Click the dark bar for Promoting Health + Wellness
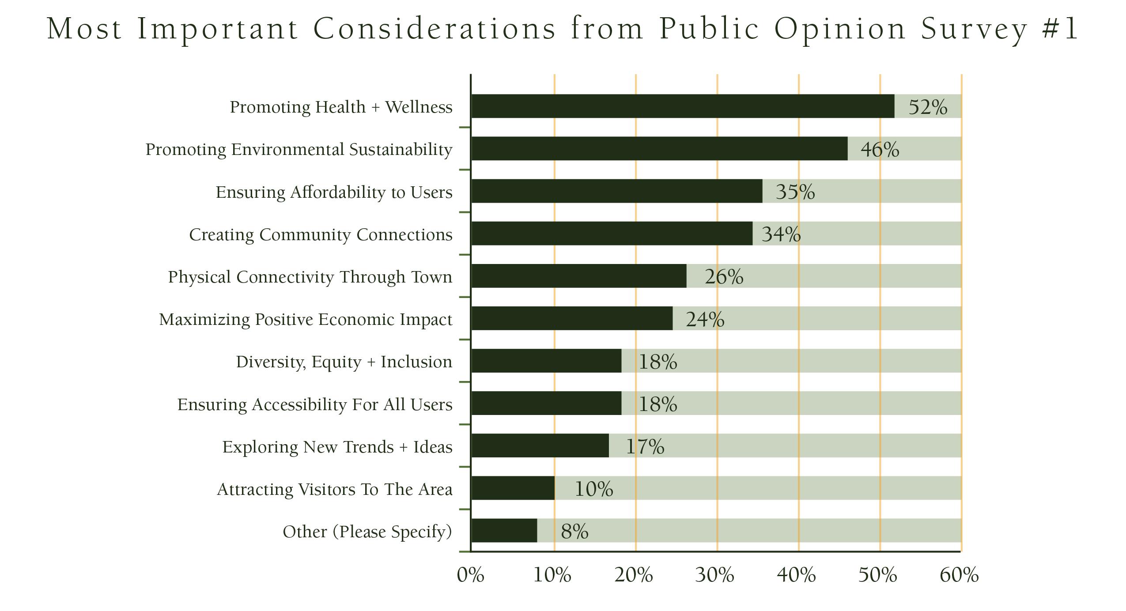(682, 106)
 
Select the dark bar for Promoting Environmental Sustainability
(659, 148)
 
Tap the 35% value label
(795, 192)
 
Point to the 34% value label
(781, 234)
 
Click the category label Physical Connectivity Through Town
(310, 277)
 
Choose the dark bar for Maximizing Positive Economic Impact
(572, 318)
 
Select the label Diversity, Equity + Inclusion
(344, 362)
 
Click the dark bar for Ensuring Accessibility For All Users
(546, 403)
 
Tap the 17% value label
(645, 446)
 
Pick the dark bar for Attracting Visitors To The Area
(513, 488)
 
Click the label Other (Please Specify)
(367, 532)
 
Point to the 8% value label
(574, 531)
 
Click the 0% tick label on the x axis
(470, 575)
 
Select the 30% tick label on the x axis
(714, 575)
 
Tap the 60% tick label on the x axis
(959, 575)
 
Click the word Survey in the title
(974, 29)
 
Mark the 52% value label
(927, 107)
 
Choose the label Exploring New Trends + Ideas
(337, 447)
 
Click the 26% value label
(724, 277)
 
